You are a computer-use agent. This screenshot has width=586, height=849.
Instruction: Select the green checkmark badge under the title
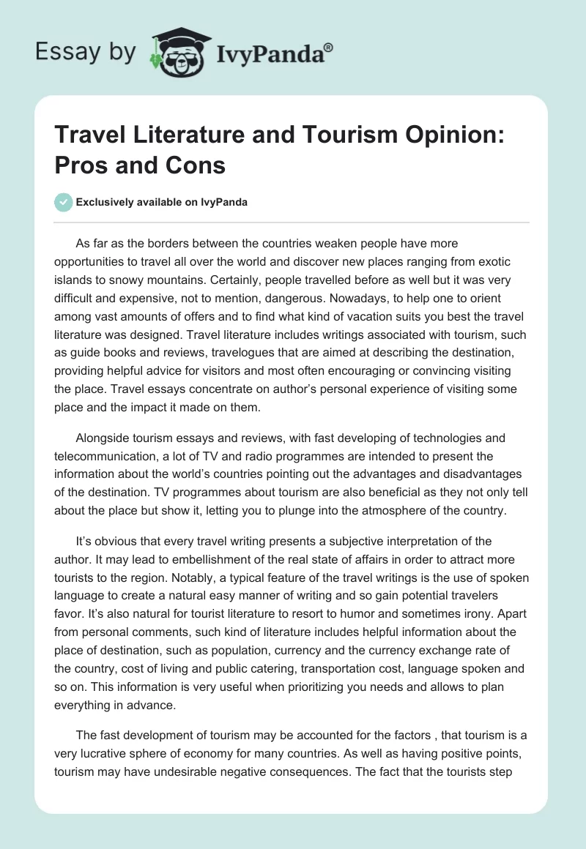point(64,201)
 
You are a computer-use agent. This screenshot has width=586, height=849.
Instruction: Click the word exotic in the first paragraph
point(461,260)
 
